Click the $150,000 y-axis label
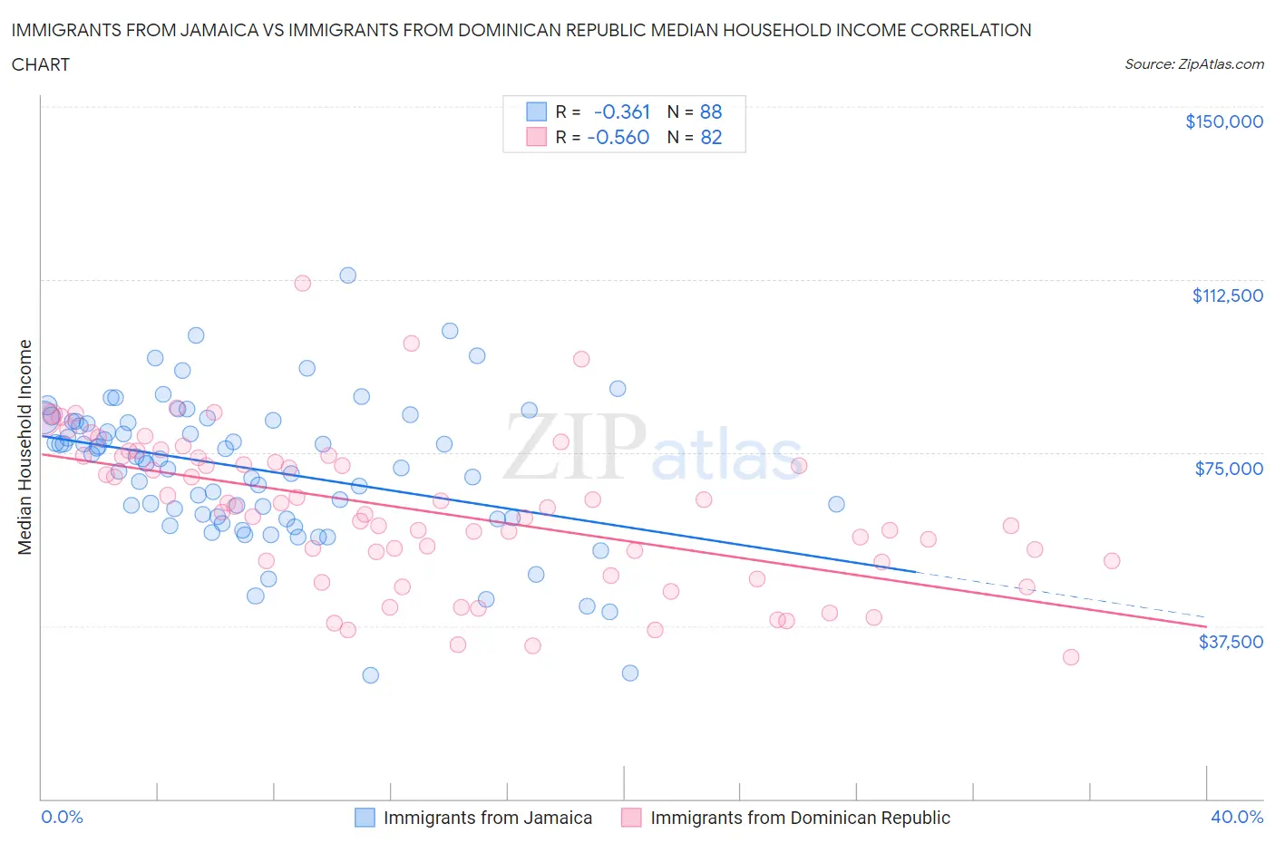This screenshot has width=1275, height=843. (x=1223, y=121)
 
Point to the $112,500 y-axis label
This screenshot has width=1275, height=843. (x=1227, y=296)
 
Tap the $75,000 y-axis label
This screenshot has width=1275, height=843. (x=1229, y=469)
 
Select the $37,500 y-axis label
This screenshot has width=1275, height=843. (x=1230, y=642)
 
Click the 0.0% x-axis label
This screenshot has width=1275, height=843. (x=62, y=817)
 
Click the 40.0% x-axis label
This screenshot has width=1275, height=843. (x=1237, y=817)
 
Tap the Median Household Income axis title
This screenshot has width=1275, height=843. (x=25, y=447)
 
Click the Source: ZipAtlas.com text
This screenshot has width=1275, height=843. (x=1193, y=64)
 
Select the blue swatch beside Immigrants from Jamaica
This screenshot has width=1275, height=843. (x=365, y=818)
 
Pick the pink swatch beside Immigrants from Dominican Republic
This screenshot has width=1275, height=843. (x=631, y=818)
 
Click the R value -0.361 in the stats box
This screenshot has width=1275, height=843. (x=622, y=111)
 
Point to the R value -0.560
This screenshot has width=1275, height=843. (x=618, y=137)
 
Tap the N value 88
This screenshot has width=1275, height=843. (x=711, y=111)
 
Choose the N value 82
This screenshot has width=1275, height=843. (x=711, y=137)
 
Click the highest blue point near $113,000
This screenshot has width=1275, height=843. (x=347, y=276)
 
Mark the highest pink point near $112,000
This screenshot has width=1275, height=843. (x=303, y=283)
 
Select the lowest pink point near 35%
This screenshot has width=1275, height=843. (x=1071, y=657)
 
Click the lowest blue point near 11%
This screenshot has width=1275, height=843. (x=370, y=675)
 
